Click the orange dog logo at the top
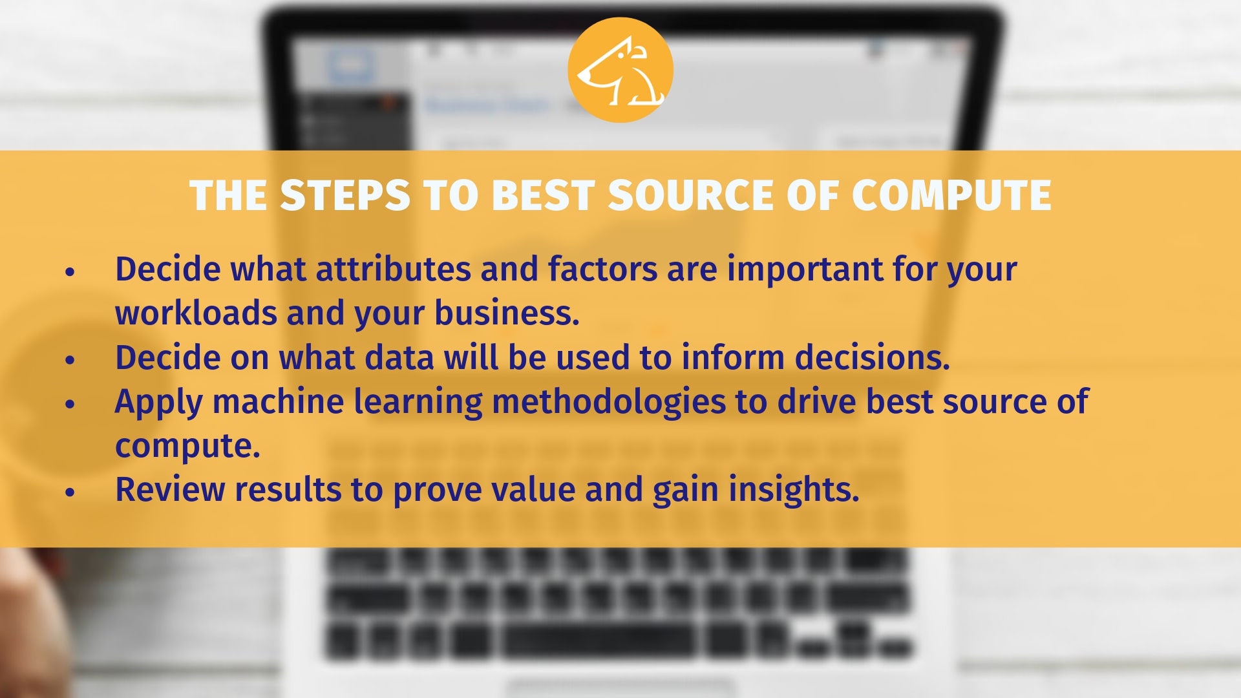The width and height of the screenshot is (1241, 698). tap(620, 70)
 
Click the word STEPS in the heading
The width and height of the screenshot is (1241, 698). tap(345, 195)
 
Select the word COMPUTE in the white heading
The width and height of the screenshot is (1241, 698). tap(951, 195)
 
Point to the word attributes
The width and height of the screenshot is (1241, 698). tap(393, 269)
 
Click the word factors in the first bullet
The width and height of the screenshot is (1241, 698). tap(602, 269)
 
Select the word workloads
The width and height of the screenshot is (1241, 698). tap(196, 313)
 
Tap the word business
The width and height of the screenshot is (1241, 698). tap(507, 313)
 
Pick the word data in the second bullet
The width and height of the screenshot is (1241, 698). tap(399, 357)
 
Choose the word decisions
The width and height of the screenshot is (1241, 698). tap(872, 357)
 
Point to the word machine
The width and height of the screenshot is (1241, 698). tap(278, 401)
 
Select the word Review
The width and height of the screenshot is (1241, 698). tap(170, 489)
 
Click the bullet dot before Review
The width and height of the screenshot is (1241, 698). tap(70, 492)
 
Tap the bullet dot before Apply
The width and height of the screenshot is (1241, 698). tap(70, 405)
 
